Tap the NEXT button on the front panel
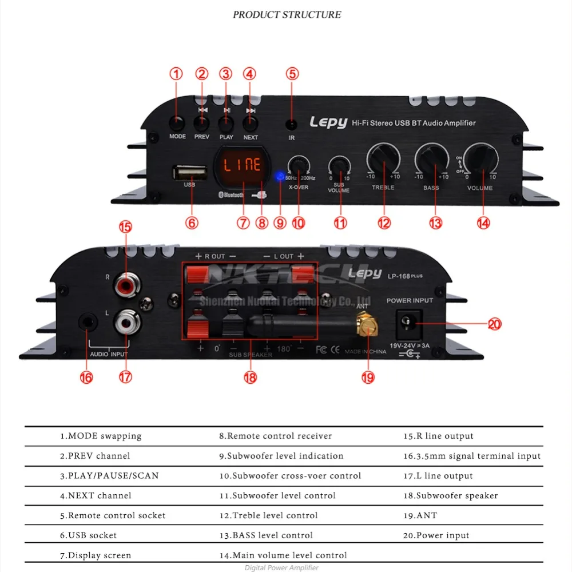pos(250,122)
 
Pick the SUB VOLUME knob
pos(340,166)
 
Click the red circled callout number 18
pos(250,377)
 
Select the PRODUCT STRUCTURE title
pos(287,14)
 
